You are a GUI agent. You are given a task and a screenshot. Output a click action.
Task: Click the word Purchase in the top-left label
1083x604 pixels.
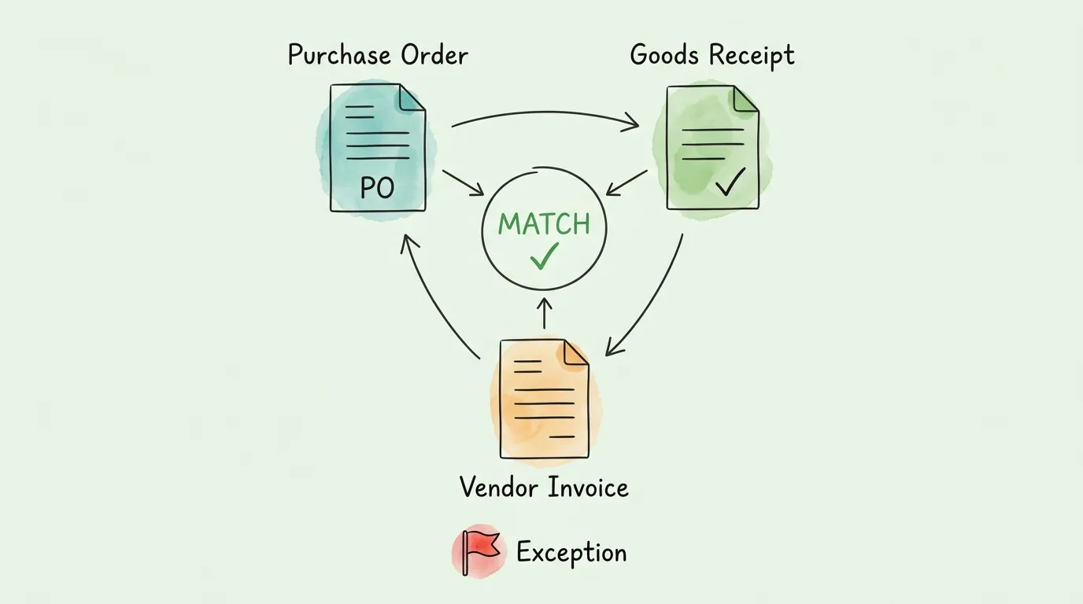(338, 56)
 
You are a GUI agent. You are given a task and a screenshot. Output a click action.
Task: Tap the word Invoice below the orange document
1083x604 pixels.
(587, 488)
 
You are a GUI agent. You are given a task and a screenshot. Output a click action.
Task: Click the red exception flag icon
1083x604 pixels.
(478, 549)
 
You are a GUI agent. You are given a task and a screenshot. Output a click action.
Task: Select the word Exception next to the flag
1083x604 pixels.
(571, 553)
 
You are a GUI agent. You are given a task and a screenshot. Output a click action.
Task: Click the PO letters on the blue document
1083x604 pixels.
(376, 187)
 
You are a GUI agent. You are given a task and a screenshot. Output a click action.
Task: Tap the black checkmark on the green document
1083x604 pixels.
(730, 182)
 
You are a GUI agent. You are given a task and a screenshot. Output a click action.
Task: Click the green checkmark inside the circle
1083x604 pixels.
(544, 256)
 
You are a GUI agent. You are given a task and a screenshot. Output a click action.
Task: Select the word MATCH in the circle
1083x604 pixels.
(544, 224)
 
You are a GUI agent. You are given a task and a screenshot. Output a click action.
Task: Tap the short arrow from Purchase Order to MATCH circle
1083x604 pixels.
(464, 182)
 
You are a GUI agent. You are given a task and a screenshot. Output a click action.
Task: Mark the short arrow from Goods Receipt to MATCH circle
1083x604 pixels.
(627, 182)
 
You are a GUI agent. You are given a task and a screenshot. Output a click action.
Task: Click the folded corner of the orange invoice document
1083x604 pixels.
(575, 353)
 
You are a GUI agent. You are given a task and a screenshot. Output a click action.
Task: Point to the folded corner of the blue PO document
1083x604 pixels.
(412, 98)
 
